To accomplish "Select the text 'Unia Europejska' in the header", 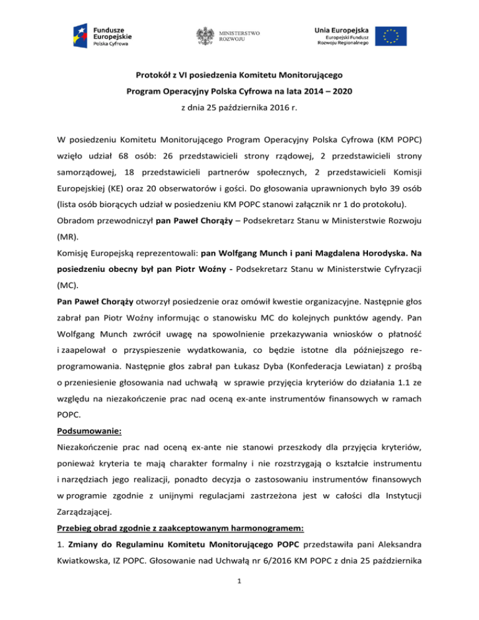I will point(343,28).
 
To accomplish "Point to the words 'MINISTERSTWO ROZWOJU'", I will point(239,36).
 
